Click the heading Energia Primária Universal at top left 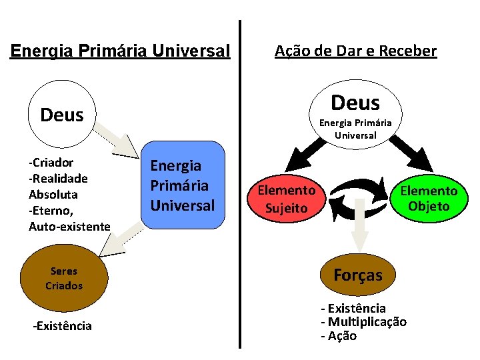120,51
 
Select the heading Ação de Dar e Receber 355,51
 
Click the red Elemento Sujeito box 287,199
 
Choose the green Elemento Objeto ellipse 429,199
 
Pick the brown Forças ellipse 358,275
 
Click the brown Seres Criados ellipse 64,278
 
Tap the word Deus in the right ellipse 355,103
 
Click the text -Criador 51,162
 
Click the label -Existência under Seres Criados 63,326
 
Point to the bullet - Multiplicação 363,322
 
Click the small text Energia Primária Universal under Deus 355,129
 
